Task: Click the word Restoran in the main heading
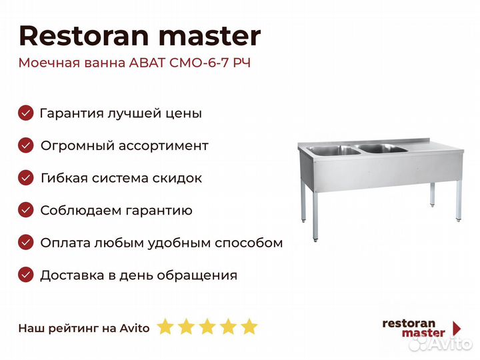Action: pyautogui.click(x=84, y=36)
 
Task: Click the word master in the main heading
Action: pyautogui.click(x=210, y=37)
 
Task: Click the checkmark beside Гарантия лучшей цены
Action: pyautogui.click(x=26, y=113)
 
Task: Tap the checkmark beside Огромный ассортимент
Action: pyautogui.click(x=26, y=145)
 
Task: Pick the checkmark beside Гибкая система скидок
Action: pyautogui.click(x=26, y=178)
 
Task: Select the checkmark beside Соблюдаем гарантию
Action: pyautogui.click(x=26, y=210)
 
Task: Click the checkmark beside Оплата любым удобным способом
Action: pyautogui.click(x=26, y=243)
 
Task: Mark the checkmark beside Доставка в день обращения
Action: pyautogui.click(x=26, y=275)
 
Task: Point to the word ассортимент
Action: pyautogui.click(x=163, y=146)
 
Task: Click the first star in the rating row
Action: pyautogui.click(x=165, y=326)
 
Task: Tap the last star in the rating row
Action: pyautogui.click(x=249, y=326)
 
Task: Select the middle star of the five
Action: pyautogui.click(x=207, y=326)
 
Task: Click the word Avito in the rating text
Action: pyautogui.click(x=135, y=328)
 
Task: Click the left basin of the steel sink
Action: pyautogui.click(x=334, y=150)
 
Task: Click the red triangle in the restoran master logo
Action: pyautogui.click(x=457, y=328)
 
